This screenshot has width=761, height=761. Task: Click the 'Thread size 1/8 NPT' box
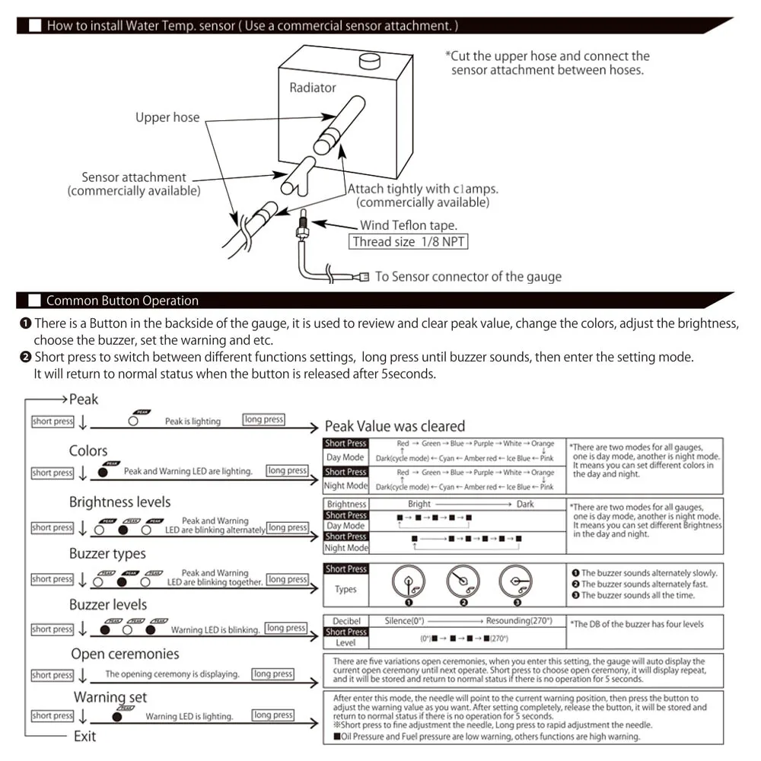pyautogui.click(x=409, y=242)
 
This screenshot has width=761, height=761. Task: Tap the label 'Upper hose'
pyautogui.click(x=167, y=117)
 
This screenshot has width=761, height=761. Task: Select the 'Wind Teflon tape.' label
pyautogui.click(x=409, y=224)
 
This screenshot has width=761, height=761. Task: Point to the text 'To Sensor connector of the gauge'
pyautogui.click(x=468, y=276)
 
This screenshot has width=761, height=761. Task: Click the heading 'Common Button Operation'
pyautogui.click(x=123, y=301)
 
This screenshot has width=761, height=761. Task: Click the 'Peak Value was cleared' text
pyautogui.click(x=394, y=426)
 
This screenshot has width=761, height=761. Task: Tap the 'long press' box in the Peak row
pyautogui.click(x=263, y=419)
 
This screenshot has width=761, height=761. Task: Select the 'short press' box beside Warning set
pyautogui.click(x=53, y=715)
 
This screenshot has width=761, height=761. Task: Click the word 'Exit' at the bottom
pyautogui.click(x=84, y=736)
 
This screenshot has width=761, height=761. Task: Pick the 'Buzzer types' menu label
pyautogui.click(x=107, y=553)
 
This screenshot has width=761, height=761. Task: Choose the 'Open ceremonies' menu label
pyautogui.click(x=125, y=654)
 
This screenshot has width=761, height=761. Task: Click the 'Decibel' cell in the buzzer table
pyautogui.click(x=346, y=621)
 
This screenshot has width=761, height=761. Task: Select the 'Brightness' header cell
pyautogui.click(x=346, y=504)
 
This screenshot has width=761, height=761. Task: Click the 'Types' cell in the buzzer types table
pyautogui.click(x=346, y=589)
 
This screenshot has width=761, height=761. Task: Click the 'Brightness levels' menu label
pyautogui.click(x=119, y=501)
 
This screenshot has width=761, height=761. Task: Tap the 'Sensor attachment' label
pyautogui.click(x=134, y=177)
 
